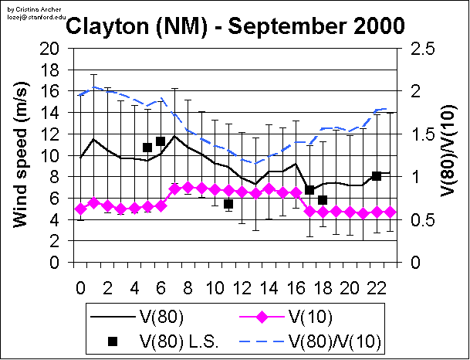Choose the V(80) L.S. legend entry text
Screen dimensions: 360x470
pyautogui.click(x=179, y=340)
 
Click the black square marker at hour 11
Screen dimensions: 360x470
pyautogui.click(x=228, y=204)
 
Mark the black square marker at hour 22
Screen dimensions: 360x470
pyautogui.click(x=377, y=176)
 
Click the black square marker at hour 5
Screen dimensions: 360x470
pyautogui.click(x=147, y=147)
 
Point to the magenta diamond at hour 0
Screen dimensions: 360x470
pyautogui.click(x=80, y=209)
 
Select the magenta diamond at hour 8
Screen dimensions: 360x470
pyautogui.click(x=188, y=188)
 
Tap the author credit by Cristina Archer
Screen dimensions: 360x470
pyautogui.click(x=25, y=5)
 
